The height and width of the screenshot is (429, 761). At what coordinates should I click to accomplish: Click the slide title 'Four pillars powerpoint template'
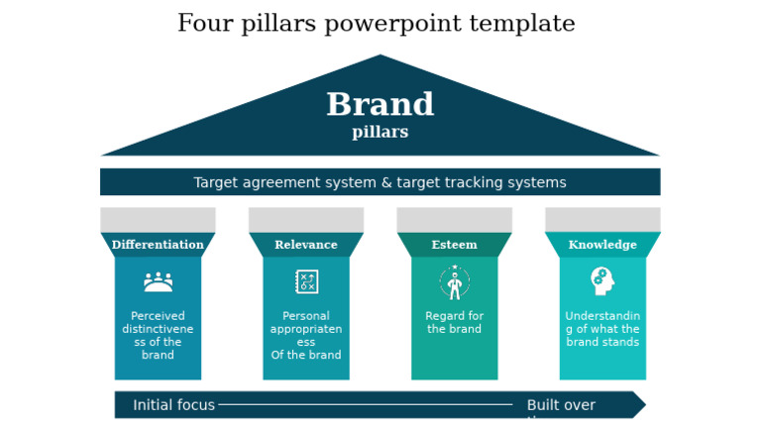(x=376, y=24)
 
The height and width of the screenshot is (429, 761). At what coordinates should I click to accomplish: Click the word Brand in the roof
(x=380, y=104)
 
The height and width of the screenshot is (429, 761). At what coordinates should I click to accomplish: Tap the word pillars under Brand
(x=380, y=132)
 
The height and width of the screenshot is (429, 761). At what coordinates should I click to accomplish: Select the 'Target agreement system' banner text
(x=380, y=182)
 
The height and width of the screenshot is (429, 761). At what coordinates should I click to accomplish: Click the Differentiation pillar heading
(x=158, y=245)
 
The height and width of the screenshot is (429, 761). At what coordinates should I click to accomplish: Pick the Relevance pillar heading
(x=305, y=245)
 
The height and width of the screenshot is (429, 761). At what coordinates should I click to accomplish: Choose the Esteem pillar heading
(x=454, y=245)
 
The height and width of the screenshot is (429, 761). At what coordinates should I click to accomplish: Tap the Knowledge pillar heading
(x=602, y=245)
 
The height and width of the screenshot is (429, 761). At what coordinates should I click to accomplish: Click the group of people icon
(x=158, y=282)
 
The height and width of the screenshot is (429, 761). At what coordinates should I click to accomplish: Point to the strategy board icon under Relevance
(x=306, y=281)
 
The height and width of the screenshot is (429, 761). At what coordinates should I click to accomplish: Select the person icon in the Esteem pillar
(x=454, y=283)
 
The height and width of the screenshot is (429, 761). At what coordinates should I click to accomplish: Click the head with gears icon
(x=601, y=281)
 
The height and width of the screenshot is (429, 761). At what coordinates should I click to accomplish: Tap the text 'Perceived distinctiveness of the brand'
(x=158, y=335)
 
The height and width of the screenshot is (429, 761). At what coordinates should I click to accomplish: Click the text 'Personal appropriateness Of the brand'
(x=305, y=335)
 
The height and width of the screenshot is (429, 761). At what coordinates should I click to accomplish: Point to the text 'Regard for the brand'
(x=454, y=323)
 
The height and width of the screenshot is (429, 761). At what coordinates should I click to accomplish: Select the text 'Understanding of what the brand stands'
(x=602, y=329)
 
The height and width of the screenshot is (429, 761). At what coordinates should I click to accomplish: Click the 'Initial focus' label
(x=173, y=405)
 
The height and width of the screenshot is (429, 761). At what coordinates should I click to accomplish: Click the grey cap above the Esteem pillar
(x=454, y=219)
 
